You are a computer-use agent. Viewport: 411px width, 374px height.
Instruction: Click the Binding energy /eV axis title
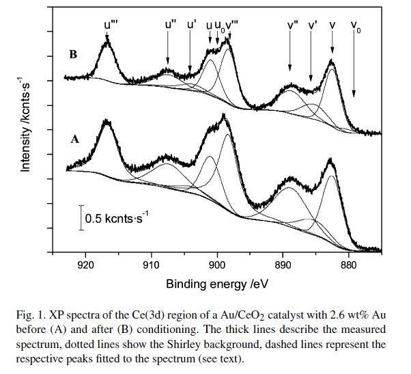click(x=216, y=282)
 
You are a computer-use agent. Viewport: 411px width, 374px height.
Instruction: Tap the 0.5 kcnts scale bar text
click(x=117, y=217)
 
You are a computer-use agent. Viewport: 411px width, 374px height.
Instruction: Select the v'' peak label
click(x=292, y=25)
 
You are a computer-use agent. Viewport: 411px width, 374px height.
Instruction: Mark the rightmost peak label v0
click(x=356, y=27)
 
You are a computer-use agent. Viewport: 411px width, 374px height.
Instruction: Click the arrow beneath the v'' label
click(x=290, y=51)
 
